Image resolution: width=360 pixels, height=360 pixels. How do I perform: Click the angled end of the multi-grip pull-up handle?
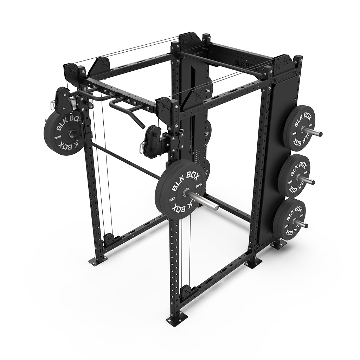coord(139,124)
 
